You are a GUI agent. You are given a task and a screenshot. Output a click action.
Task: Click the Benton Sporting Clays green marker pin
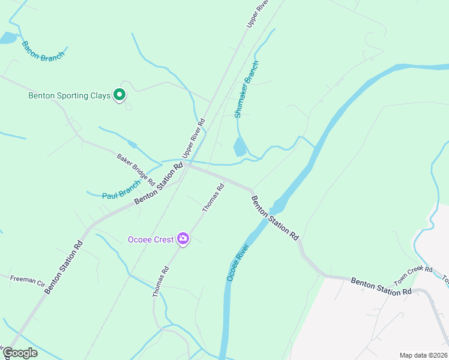point(119,94)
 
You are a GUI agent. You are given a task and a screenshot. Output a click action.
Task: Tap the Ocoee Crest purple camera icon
point(183,239)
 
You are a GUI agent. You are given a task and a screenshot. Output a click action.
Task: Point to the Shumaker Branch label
point(247,89)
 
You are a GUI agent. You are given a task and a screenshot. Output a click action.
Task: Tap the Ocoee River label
point(238,262)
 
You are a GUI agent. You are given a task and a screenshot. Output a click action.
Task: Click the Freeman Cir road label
point(28,280)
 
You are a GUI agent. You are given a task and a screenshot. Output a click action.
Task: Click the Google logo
point(20,353)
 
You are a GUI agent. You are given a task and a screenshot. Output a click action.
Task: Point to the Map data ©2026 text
point(423,355)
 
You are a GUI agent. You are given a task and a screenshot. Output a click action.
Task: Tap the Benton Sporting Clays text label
point(70,95)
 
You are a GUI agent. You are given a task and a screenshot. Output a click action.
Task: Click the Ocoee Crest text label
point(151,239)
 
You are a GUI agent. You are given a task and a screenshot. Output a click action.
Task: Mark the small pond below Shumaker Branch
point(239,146)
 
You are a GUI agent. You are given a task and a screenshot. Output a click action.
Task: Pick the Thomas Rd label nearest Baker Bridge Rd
point(213,197)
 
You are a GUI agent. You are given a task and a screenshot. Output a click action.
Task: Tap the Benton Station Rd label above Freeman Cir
point(64,266)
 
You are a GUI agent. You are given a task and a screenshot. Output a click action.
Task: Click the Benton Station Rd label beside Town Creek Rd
point(381,286)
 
